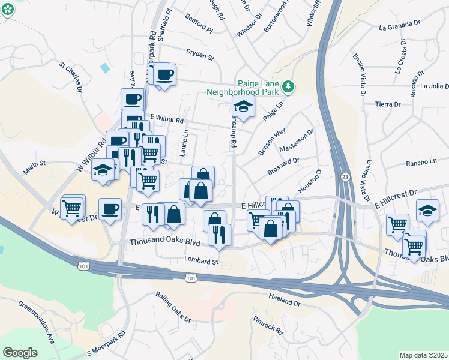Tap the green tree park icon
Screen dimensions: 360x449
pos(289,87)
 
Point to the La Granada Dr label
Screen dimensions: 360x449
pos(400,26)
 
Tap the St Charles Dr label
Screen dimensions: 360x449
pos(71,74)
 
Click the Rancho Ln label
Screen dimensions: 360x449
pos(421,162)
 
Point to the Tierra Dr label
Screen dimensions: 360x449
pos(387,104)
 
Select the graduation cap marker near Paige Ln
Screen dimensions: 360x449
pos(243,107)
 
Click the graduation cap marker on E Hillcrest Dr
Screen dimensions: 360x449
pos(427,210)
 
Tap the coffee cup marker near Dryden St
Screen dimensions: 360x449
pos(164,75)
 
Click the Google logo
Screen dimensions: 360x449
pos(20,352)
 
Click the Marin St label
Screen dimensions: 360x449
pos(34,163)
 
